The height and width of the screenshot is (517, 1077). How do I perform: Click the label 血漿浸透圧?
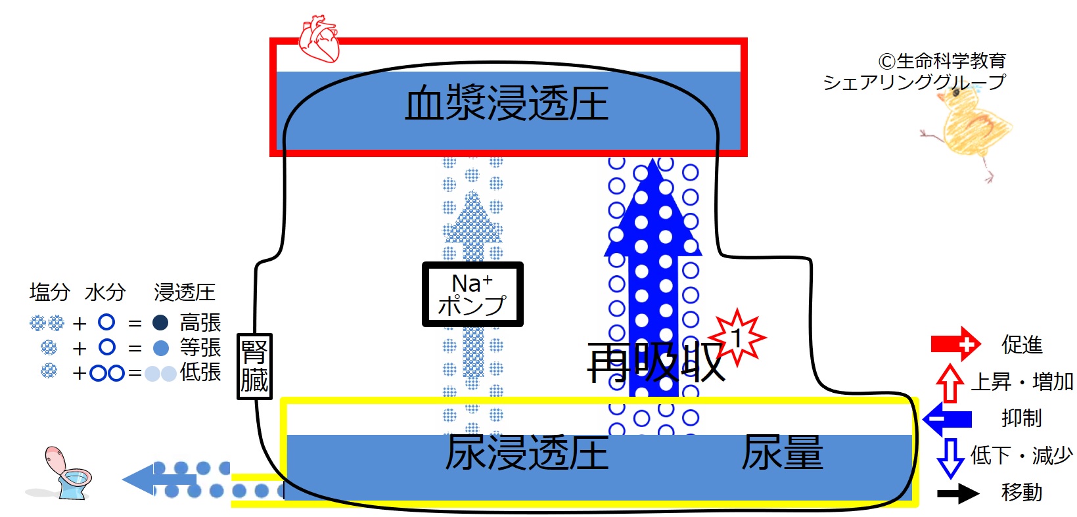(507, 103)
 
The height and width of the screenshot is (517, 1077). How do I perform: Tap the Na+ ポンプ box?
(472, 294)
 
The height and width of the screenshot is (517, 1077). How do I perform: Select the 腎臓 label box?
(254, 366)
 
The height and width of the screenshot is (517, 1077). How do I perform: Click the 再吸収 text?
(656, 362)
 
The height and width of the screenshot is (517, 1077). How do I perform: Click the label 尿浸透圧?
(527, 453)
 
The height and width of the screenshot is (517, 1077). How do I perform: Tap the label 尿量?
(782, 452)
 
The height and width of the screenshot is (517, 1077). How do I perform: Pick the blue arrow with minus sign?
(947, 419)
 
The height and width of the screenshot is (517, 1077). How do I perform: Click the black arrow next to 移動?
(958, 493)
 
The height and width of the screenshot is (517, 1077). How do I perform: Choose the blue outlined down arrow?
(951, 459)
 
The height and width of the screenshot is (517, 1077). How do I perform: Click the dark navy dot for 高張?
(160, 323)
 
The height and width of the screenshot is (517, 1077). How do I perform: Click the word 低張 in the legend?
(200, 372)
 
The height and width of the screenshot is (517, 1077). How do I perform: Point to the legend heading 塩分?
(50, 292)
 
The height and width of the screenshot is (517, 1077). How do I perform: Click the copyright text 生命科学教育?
(951, 61)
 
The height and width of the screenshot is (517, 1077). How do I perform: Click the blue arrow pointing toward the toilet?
(159, 480)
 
